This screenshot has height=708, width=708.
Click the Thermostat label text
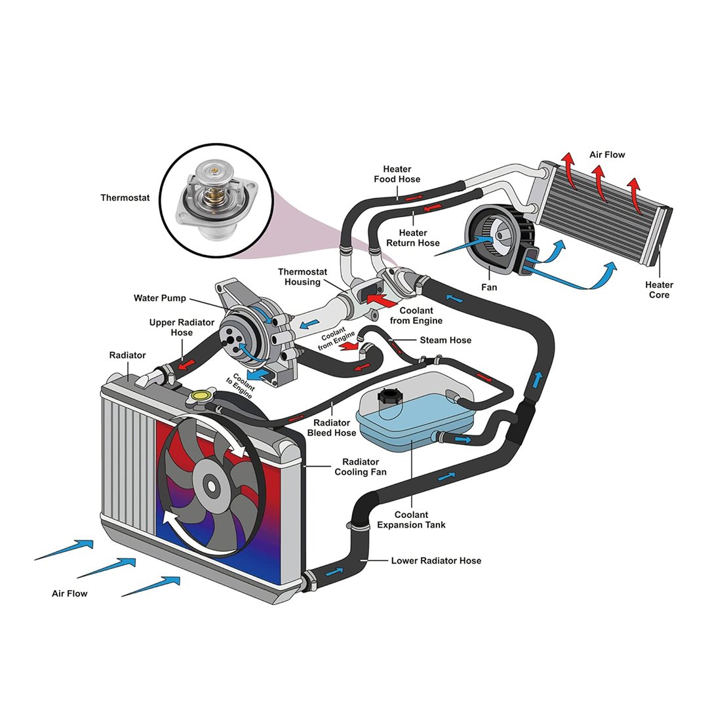click(x=125, y=197)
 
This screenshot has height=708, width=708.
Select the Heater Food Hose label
click(x=397, y=174)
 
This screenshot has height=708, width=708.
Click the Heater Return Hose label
click(x=413, y=238)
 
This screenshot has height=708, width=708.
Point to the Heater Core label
click(x=658, y=290)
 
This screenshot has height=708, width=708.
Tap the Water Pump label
click(x=159, y=298)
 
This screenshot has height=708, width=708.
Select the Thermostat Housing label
click(x=299, y=277)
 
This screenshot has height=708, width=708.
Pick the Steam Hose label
click(x=445, y=340)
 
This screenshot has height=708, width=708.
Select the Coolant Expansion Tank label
click(x=411, y=520)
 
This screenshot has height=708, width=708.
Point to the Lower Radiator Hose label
click(x=436, y=560)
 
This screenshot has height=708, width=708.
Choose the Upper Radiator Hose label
click(x=171, y=327)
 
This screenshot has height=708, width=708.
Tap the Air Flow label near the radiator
click(x=69, y=593)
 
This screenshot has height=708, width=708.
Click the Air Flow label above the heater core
click(x=607, y=155)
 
